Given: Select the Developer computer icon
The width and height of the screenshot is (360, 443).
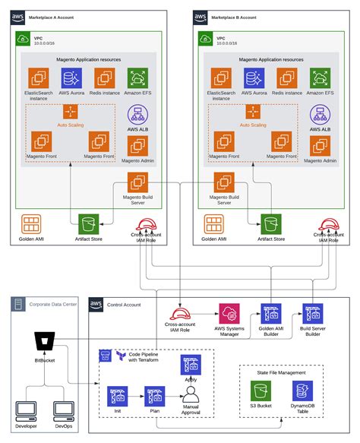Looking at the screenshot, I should coord(27,411).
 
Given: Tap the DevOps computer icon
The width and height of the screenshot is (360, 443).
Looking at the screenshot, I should coord(64,411).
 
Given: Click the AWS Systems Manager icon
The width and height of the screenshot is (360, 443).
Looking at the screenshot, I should coord(231,315).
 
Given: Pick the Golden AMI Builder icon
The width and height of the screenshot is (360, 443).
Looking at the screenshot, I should coord(271,315).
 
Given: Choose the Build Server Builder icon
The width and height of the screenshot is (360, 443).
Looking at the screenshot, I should coord(312,315).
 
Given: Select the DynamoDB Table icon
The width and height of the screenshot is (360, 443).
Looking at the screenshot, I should coord(302,391).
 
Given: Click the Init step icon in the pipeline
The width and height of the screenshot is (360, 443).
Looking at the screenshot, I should coord(117,395).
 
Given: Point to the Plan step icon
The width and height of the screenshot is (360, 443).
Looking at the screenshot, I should coord(154,395).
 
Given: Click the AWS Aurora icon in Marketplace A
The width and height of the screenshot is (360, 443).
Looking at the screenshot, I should coord(71,79).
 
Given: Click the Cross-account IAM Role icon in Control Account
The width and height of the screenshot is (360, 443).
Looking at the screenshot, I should coord(180,315).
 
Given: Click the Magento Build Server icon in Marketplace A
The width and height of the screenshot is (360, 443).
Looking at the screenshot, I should coord(139,182).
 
